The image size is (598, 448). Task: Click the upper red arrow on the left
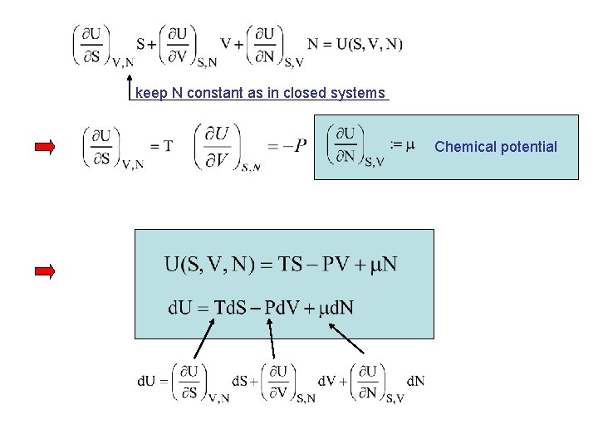coord(45,148)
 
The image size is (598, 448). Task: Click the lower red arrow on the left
coord(45,271)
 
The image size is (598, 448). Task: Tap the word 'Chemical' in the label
coord(462,147)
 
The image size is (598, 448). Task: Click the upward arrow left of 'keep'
coord(129,85)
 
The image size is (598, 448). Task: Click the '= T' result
coord(162,146)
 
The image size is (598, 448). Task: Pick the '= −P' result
coord(287,145)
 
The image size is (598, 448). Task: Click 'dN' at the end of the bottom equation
coord(415,381)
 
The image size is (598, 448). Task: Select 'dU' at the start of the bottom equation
coord(146,381)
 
